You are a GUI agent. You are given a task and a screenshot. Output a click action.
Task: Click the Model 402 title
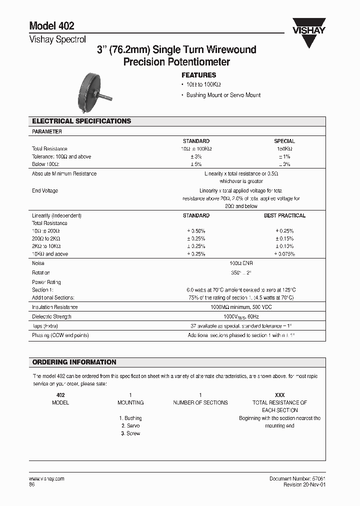pos(52,26)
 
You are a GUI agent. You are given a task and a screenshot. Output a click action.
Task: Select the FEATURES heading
pos(198,75)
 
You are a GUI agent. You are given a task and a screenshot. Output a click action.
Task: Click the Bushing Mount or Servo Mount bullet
pos(223,95)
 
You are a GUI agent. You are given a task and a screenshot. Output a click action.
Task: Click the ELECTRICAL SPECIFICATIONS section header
pos(81,121)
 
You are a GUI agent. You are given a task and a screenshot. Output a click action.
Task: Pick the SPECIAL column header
pos(284,141)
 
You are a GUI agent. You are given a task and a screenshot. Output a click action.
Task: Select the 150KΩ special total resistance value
pos(284,149)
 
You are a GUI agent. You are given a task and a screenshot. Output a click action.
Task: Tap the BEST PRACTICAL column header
pos(284,215)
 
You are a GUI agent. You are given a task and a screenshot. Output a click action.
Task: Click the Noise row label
pos(38,263)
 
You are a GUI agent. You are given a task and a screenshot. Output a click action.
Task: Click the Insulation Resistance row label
pos(55,307)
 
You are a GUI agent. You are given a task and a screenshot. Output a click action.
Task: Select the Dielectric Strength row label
pos(51,316)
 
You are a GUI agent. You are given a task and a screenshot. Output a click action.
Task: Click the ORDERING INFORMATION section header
pos(74,362)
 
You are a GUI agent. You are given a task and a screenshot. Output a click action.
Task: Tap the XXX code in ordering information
pos(279,395)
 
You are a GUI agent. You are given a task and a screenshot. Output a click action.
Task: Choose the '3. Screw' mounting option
pos(130,433)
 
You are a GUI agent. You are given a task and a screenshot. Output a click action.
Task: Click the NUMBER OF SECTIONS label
pos(200,402)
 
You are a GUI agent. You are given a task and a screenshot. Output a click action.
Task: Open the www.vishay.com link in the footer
pos(47,478)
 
